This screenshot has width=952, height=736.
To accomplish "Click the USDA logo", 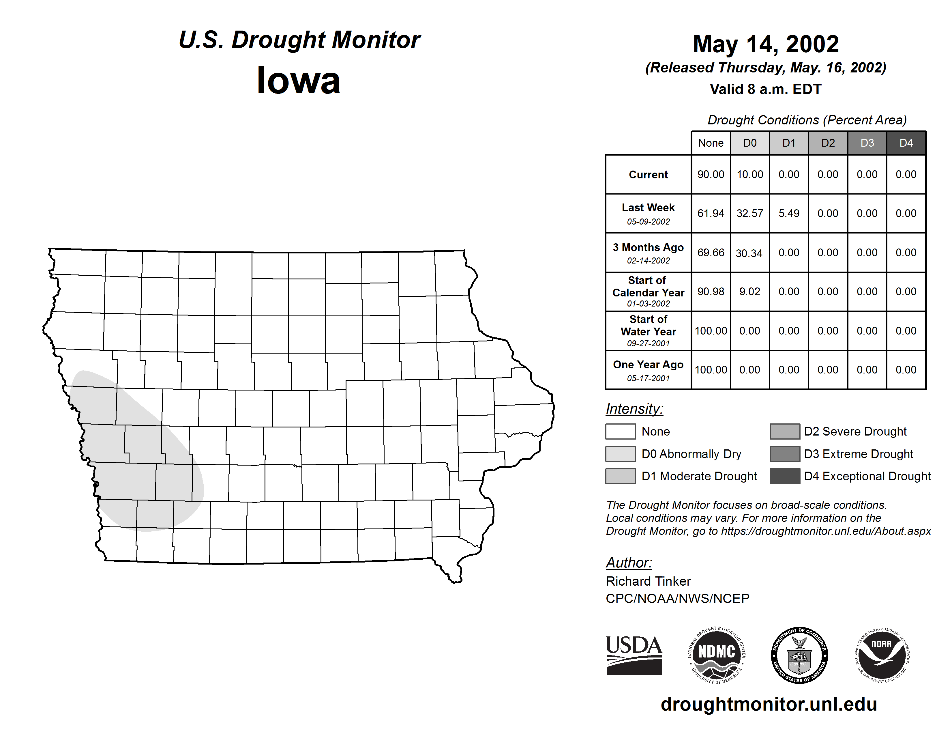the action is [x=634, y=655].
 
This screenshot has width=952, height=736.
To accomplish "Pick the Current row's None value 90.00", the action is [x=711, y=174].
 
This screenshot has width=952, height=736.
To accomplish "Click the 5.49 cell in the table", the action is [x=789, y=213].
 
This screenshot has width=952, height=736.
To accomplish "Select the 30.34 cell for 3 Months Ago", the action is [x=749, y=253].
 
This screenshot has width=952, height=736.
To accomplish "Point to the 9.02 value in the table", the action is [x=750, y=291].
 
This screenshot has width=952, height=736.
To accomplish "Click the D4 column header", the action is [x=906, y=143].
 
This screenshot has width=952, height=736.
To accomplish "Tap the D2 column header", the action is [x=828, y=143].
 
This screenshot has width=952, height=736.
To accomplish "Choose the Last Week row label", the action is [x=648, y=214].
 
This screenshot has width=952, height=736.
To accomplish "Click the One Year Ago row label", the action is [x=648, y=370].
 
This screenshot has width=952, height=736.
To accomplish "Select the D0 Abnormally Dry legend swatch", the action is [x=620, y=453].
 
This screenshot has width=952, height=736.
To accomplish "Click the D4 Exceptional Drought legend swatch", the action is [x=785, y=476].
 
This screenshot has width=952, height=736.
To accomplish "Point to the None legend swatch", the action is [x=620, y=431].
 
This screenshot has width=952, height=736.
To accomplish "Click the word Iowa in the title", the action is [x=299, y=80].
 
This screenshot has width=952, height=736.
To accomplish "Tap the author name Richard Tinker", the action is [x=648, y=581].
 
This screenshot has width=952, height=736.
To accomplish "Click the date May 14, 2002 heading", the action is [x=766, y=44].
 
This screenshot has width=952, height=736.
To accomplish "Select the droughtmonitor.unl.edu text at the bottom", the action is [x=769, y=704].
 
